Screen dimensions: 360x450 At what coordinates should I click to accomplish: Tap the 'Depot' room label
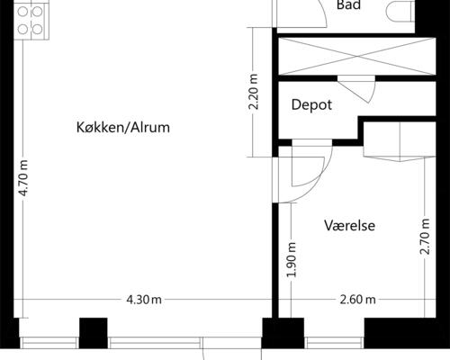pos(311,105)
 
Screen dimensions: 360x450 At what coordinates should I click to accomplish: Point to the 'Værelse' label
pos(349,225)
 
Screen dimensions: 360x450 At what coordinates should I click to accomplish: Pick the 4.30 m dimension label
pos(144,300)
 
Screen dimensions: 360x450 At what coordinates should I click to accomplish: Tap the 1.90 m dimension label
pos(291,259)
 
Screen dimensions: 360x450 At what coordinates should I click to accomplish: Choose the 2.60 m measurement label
pos(357,300)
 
